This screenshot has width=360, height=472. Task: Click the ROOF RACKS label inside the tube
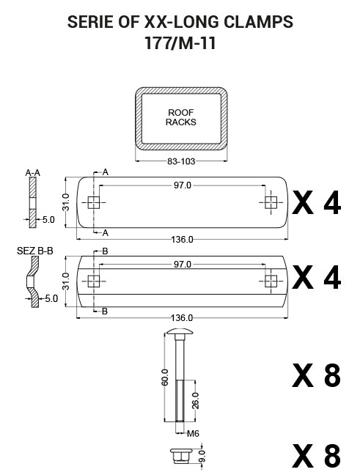point(181,117)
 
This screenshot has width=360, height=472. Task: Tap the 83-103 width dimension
point(181,161)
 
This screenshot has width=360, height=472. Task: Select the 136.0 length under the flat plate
point(183,240)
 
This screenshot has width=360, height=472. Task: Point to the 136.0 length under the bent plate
point(182,318)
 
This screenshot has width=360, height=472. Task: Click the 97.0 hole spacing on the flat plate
point(183,185)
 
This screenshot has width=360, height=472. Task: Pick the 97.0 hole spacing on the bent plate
point(183,265)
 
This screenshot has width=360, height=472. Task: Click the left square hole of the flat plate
point(94,202)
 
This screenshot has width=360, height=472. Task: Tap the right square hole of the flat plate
point(271,202)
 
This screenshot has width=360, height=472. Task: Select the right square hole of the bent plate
point(271,281)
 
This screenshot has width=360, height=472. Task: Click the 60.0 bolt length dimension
point(165,377)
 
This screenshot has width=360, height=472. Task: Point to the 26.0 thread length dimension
point(196,401)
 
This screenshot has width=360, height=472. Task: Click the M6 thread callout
point(193,433)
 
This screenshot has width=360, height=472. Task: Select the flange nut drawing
point(180,455)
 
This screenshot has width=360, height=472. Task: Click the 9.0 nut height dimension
point(202,456)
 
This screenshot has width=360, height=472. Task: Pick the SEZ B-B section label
point(35,251)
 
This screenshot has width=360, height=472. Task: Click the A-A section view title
point(32,173)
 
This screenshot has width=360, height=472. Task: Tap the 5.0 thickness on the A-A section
point(48,220)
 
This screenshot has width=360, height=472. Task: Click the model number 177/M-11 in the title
point(180,43)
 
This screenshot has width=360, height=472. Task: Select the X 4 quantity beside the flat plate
point(317,204)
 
